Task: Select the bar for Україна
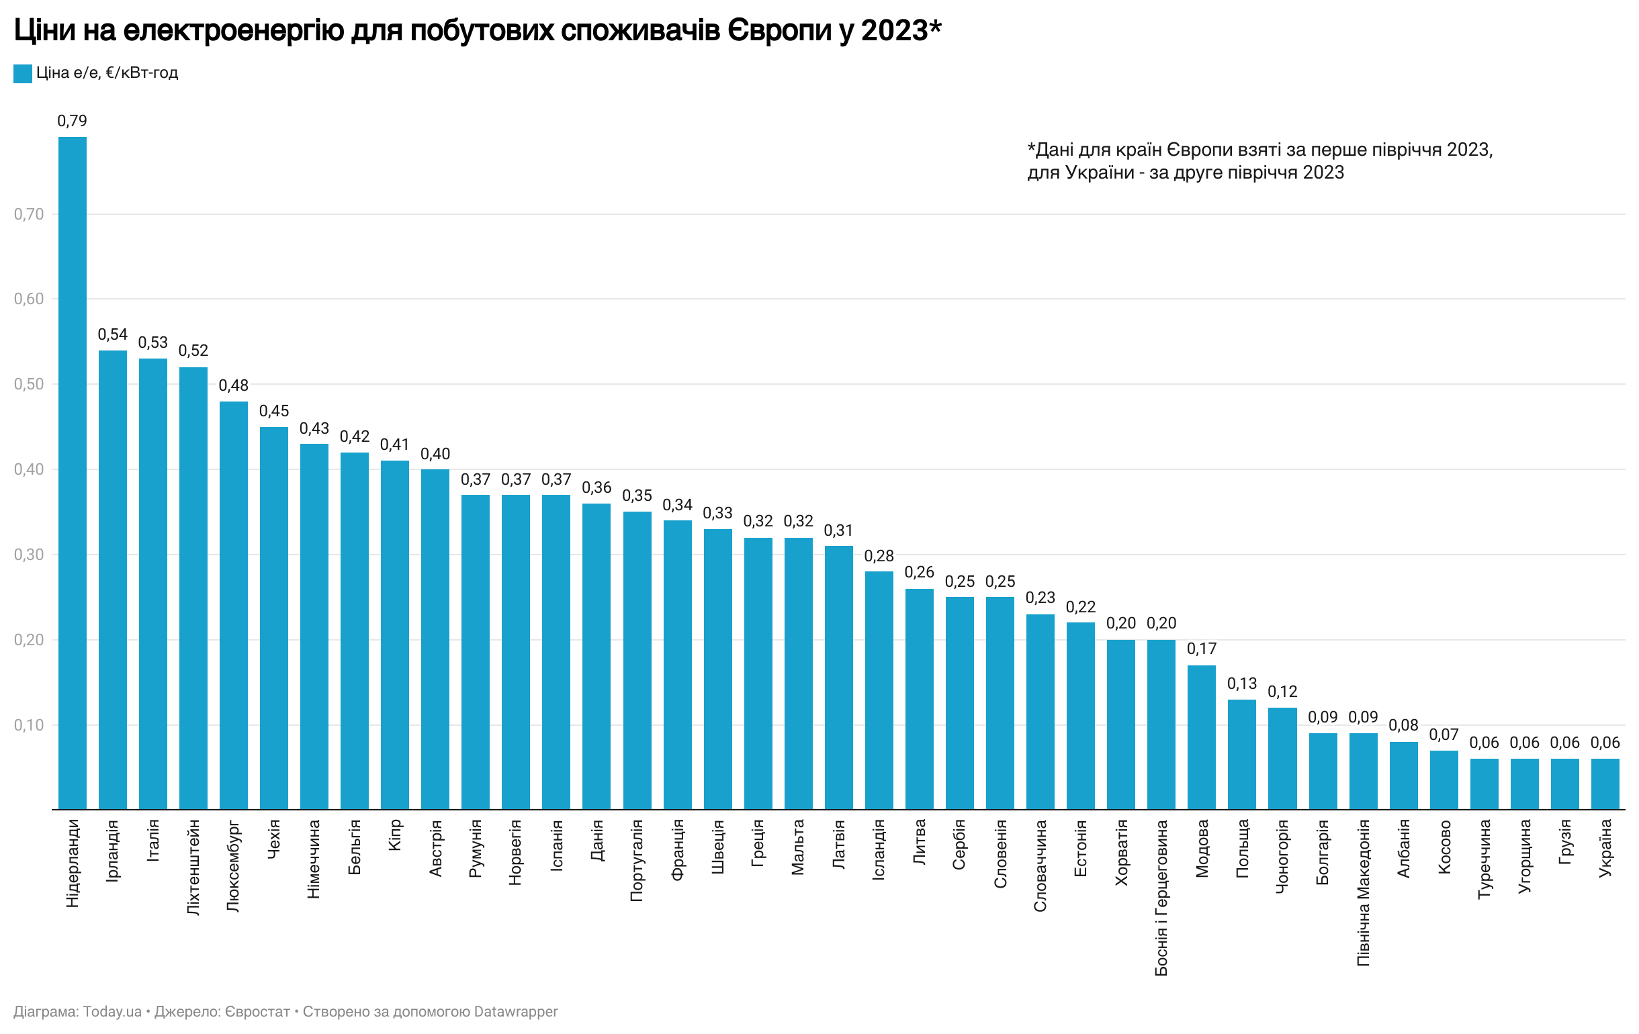[x=1604, y=784]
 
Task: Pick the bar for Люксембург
[x=234, y=605]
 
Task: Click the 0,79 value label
[x=72, y=121]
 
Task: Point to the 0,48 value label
[x=234, y=385]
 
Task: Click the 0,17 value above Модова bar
[x=1201, y=649]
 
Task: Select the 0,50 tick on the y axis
[x=29, y=384]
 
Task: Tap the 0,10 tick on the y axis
[x=29, y=725]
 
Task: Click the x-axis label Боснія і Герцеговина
[x=1161, y=898]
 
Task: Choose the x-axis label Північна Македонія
[x=1363, y=892]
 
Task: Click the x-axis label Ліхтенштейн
[x=193, y=867]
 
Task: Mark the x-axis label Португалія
[x=637, y=861]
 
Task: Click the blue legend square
[x=22, y=73]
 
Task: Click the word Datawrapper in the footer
[x=515, y=1012]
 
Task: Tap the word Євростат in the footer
[x=257, y=1012]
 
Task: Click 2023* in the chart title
[x=901, y=31]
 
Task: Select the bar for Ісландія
[x=879, y=690]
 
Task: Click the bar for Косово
[x=1443, y=780]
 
